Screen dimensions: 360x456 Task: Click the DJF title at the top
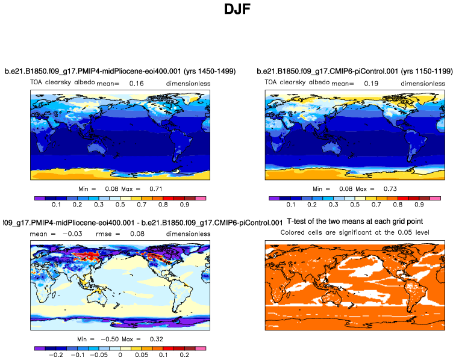click(228, 10)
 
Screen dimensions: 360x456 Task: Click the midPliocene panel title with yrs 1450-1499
click(120, 72)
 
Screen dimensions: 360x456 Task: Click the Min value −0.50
click(102, 340)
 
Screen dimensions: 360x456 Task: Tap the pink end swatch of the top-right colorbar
click(436, 197)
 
